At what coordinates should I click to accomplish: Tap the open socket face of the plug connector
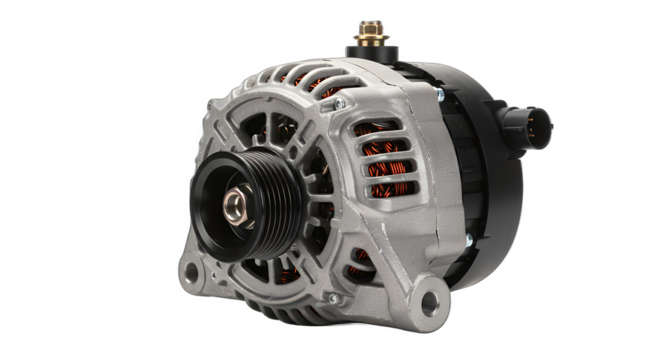[x=543, y=124]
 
